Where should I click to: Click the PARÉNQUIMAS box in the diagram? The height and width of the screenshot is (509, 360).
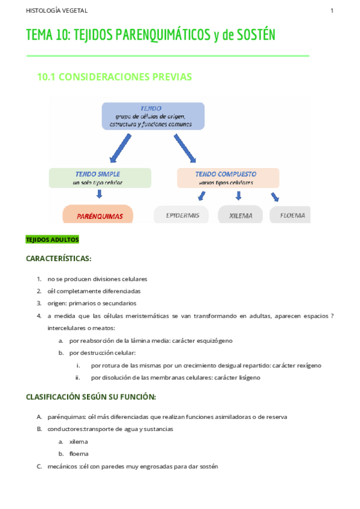click(97, 215)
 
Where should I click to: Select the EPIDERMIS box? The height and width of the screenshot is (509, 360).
click(181, 215)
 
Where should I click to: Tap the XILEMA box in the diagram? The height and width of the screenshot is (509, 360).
click(240, 215)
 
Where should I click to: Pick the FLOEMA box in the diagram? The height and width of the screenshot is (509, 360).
click(290, 215)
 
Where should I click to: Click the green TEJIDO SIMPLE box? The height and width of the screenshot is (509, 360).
click(100, 178)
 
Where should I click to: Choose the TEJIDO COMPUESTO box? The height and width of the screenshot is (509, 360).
click(228, 178)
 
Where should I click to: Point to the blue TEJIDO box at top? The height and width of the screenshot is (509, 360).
click(152, 116)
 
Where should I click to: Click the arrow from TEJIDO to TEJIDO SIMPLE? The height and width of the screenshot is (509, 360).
click(116, 148)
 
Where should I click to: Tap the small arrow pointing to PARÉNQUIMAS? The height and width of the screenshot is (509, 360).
click(100, 194)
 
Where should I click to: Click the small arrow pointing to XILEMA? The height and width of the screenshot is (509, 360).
click(239, 196)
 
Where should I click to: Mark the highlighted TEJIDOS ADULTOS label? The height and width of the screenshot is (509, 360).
click(52, 239)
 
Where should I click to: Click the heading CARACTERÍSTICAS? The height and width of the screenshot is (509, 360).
click(58, 259)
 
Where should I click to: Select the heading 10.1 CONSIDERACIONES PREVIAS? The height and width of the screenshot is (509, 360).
click(115, 77)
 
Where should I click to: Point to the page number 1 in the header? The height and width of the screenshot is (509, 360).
click(332, 11)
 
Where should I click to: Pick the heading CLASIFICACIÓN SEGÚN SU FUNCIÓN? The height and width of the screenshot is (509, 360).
click(91, 397)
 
